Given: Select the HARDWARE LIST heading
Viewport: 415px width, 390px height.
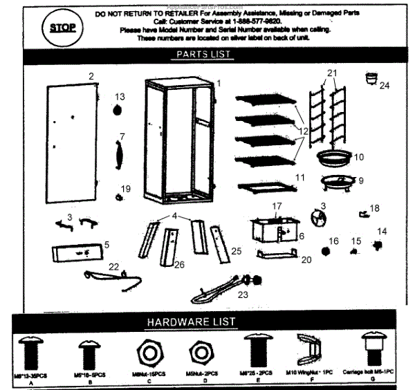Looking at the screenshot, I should pos(191,322).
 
